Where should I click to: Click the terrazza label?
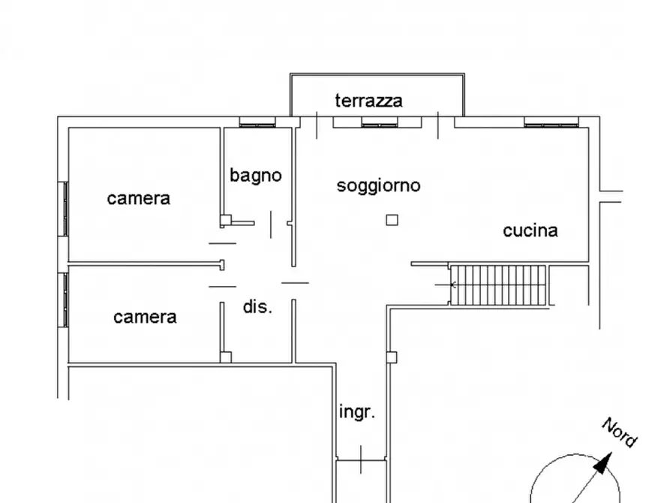[x=368, y=101]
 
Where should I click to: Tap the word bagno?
[x=256, y=176]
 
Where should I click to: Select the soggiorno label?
[x=378, y=185]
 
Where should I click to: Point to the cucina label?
[x=530, y=230]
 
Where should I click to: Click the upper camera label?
[x=138, y=198]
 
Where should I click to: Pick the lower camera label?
[x=145, y=317]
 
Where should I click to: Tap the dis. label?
[x=257, y=306]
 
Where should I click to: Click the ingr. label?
[x=357, y=412]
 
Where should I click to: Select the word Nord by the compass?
[x=619, y=432]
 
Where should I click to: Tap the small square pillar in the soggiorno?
[x=392, y=220]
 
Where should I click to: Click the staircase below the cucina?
[x=499, y=285]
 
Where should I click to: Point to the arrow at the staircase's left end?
[x=452, y=285]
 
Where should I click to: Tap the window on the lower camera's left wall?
[x=65, y=299]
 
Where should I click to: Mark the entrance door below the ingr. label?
[x=362, y=458]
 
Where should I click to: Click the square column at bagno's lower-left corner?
[x=225, y=221]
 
